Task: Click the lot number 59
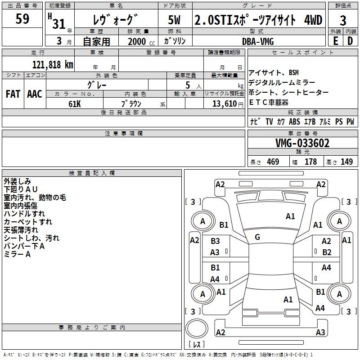(22, 19)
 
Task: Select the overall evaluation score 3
(343, 20)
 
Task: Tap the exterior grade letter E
(336, 41)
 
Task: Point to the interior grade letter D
(350, 41)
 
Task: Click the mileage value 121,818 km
(53, 64)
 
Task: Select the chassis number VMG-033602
(302, 144)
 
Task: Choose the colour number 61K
(75, 103)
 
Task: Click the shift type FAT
(13, 94)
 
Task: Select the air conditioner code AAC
(35, 94)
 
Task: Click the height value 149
(346, 162)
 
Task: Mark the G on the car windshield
(257, 237)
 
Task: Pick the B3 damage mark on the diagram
(216, 241)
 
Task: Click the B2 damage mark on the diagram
(327, 252)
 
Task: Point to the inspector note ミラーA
(17, 254)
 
